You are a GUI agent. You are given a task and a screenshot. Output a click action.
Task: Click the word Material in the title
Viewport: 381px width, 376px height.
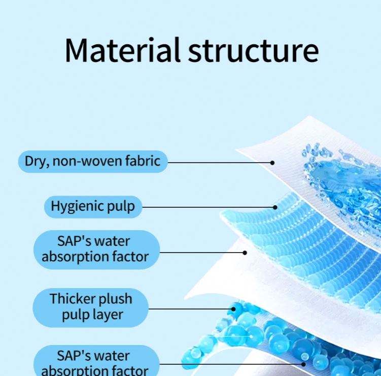click(122, 50)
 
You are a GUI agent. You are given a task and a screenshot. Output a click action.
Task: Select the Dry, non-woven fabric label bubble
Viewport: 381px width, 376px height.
click(92, 162)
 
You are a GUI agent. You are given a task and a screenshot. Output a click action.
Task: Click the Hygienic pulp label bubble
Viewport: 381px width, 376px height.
click(93, 206)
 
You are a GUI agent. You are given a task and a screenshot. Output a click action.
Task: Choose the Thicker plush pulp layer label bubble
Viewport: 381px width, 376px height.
click(90, 307)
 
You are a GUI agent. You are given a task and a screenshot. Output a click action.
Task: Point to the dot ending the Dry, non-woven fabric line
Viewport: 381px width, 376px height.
click(272, 163)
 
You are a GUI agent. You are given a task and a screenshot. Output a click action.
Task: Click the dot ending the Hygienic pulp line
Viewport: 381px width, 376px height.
click(275, 207)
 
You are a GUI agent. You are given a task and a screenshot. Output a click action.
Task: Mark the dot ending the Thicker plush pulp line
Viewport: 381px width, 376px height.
click(234, 308)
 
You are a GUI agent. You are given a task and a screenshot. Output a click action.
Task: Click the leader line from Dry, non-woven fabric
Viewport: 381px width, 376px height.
click(218, 163)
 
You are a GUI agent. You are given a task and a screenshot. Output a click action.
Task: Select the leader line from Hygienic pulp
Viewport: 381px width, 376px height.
click(208, 207)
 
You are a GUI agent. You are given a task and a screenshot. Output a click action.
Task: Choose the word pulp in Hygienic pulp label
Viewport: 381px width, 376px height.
click(121, 207)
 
